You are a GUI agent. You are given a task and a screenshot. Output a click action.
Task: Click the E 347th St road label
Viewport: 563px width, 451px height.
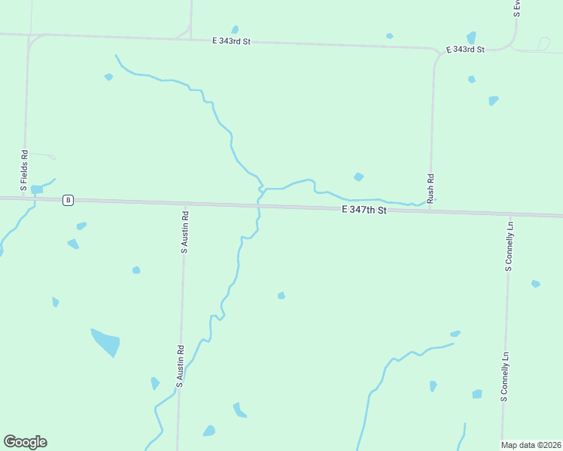364,210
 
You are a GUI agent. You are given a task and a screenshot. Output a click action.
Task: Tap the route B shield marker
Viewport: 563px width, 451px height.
68,200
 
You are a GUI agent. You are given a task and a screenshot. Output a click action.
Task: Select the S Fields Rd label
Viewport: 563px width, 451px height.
24,171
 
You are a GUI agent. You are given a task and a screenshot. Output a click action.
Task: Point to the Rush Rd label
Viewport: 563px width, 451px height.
431,189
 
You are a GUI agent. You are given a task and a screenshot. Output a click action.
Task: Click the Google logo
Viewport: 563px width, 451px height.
25,442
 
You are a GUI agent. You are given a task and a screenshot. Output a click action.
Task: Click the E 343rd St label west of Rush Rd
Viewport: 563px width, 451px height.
230,41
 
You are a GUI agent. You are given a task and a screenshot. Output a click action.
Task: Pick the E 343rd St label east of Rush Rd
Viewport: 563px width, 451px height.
465,49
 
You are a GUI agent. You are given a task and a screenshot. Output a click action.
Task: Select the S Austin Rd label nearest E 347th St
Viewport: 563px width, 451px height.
184,231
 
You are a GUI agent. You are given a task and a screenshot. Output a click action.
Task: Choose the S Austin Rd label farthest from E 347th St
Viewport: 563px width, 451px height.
181,366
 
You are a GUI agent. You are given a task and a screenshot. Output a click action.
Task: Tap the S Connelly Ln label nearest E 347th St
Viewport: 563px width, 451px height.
509,246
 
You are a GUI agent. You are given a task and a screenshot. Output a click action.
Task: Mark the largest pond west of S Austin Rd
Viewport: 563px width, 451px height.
105,341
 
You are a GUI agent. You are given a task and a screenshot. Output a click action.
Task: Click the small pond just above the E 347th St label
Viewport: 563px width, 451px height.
359,177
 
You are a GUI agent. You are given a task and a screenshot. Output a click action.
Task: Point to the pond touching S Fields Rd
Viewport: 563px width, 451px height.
35,189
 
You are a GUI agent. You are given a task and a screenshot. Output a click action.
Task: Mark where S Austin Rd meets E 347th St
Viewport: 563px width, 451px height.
185,204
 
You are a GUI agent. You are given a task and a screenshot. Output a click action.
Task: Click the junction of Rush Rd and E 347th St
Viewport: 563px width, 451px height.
431,209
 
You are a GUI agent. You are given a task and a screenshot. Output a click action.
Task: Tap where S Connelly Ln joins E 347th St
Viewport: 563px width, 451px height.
510,215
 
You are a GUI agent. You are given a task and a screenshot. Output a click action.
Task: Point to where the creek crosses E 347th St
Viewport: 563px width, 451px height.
258,205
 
